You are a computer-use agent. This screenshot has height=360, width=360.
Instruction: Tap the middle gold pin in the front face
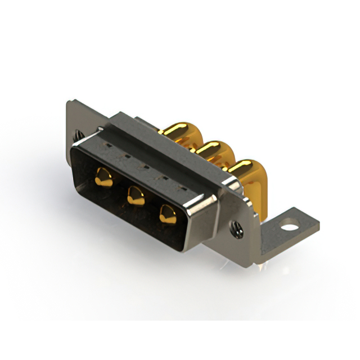(x=135, y=195)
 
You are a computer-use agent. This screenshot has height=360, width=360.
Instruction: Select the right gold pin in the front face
(x=167, y=213)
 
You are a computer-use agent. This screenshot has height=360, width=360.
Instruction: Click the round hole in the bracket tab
(x=289, y=228)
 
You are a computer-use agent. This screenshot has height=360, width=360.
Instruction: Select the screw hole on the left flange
(x=79, y=136)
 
